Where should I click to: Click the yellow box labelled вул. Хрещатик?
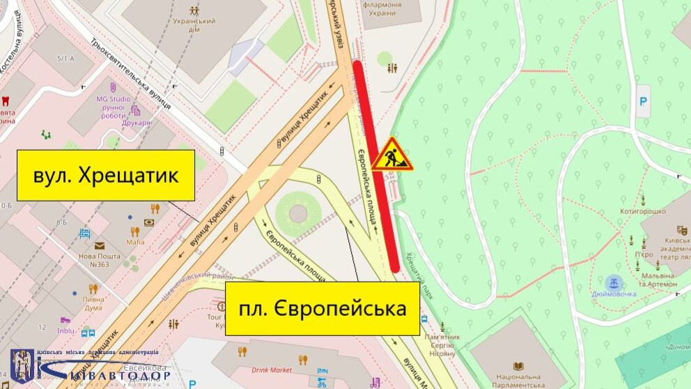pos(106,175)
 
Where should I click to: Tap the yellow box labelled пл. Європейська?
pos(323,308)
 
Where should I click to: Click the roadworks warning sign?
pos(391,154)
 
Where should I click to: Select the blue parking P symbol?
pos(643,92)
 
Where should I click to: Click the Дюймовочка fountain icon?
pos(614,282)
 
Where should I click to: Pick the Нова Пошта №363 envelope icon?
pos(100,245)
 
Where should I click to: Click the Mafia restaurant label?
pos(135,242)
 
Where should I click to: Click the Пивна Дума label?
pos(93,303)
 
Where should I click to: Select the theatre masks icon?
pos(683,229)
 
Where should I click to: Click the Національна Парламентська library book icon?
pos(518,366)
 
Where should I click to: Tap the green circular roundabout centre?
pos(297,211)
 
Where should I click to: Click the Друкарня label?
pos(137,123)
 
